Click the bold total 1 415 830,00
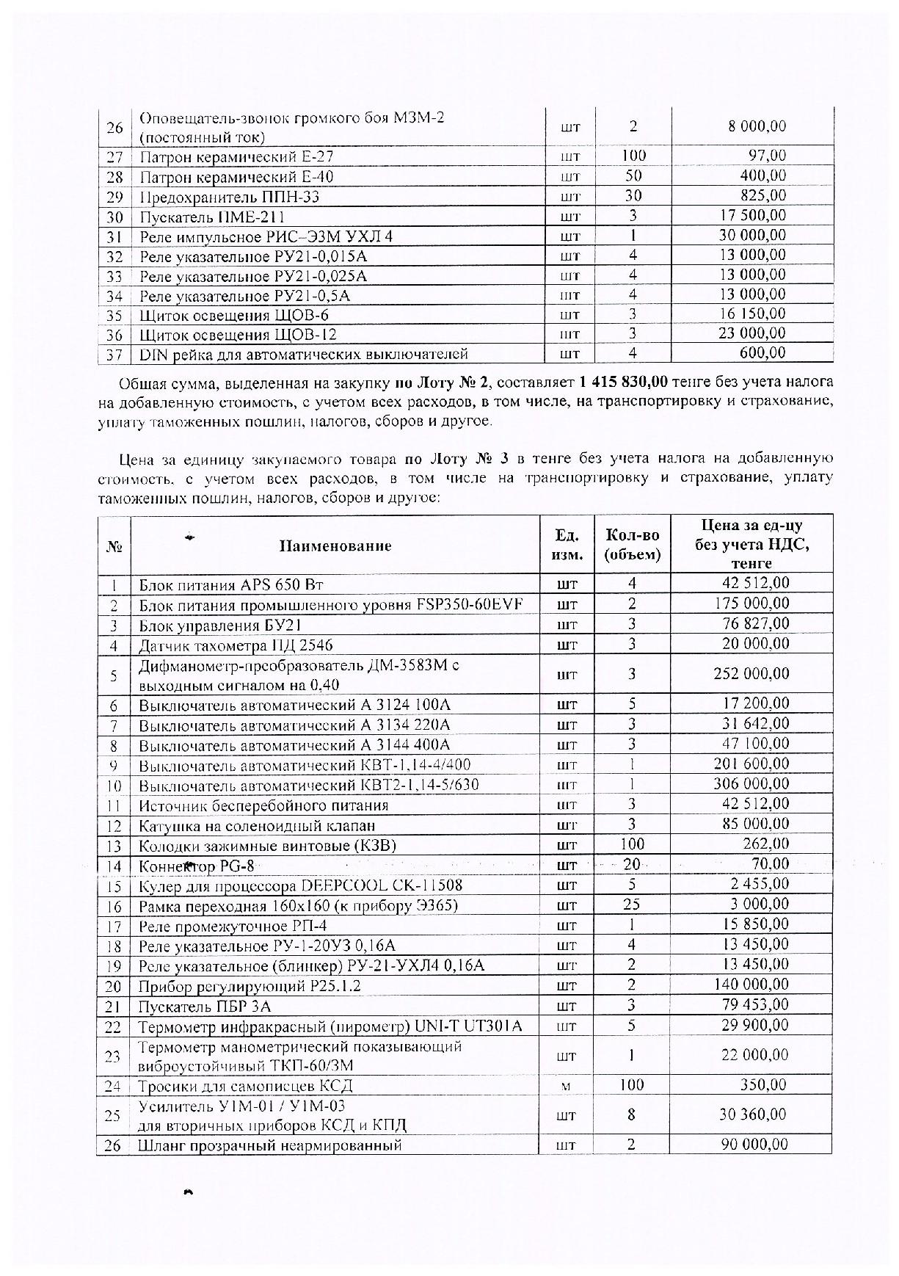pyautogui.click(x=623, y=383)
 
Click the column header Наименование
pyautogui.click(x=335, y=545)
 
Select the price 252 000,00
pyautogui.click(x=751, y=674)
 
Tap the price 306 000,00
pyautogui.click(x=751, y=784)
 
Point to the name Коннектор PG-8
pyautogui.click(x=197, y=866)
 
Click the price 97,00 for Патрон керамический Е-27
pyautogui.click(x=768, y=156)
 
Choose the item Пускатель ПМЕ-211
pyautogui.click(x=212, y=217)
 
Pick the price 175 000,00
pyautogui.click(x=751, y=604)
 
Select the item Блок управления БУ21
pyautogui.click(x=220, y=626)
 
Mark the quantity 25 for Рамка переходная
pyautogui.click(x=632, y=905)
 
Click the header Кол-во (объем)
pyautogui.click(x=632, y=545)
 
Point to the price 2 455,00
pyautogui.click(x=759, y=885)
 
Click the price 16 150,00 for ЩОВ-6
pyautogui.click(x=755, y=314)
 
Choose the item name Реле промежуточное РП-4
pyautogui.click(x=233, y=925)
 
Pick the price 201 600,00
pyautogui.click(x=751, y=764)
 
